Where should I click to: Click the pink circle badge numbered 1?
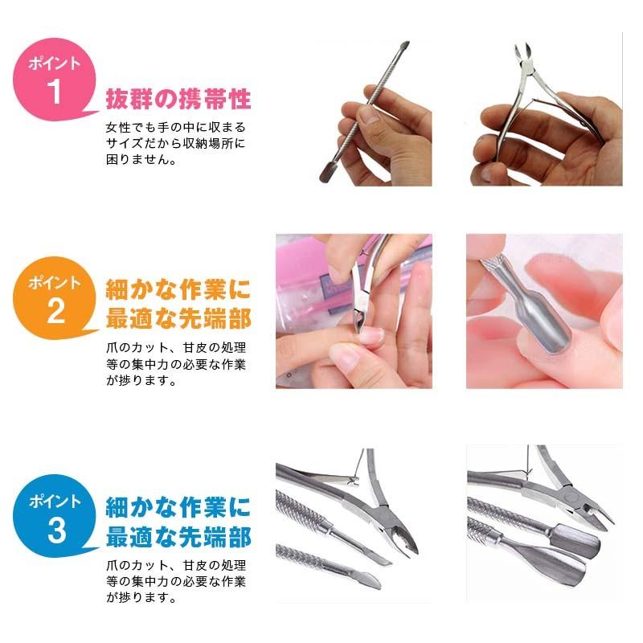click(54, 80)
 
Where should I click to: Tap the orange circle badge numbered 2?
click(54, 298)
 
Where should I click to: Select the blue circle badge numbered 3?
click(54, 516)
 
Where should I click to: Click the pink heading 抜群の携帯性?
click(178, 99)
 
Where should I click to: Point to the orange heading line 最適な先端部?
click(178, 318)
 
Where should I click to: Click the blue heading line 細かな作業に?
click(178, 507)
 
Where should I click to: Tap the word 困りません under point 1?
click(137, 159)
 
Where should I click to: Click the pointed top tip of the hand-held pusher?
click(404, 46)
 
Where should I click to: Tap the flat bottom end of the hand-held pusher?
click(328, 173)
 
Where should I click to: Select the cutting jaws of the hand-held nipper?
click(522, 55)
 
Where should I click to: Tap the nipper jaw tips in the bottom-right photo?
click(598, 516)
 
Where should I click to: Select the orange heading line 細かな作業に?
click(178, 289)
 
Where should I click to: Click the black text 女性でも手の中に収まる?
click(175, 127)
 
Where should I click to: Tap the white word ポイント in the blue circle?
click(55, 501)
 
